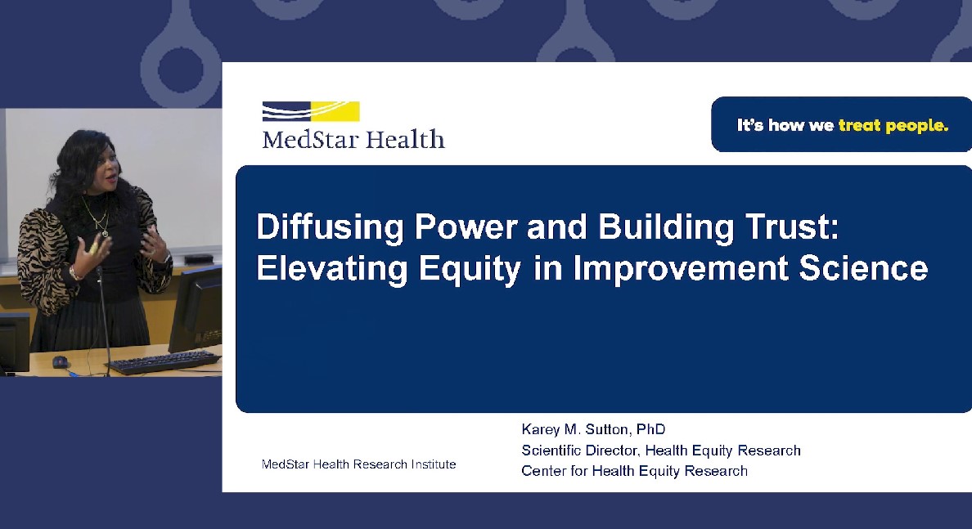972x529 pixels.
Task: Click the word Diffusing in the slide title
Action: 330,227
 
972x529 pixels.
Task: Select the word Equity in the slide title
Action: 470,270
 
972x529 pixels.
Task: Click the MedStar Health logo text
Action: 353,139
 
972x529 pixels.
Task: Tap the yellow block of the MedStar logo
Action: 335,111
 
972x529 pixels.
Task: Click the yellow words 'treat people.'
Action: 893,126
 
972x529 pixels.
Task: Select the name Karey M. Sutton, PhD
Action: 593,429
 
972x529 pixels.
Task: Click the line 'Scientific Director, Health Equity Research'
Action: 661,451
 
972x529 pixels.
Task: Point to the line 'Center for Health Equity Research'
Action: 634,471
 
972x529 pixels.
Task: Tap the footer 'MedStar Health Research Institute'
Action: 358,464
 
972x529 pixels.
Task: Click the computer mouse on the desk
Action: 60,361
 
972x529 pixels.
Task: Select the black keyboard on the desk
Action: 163,361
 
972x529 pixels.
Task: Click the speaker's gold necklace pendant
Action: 106,233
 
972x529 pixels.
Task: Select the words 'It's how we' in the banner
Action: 785,126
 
